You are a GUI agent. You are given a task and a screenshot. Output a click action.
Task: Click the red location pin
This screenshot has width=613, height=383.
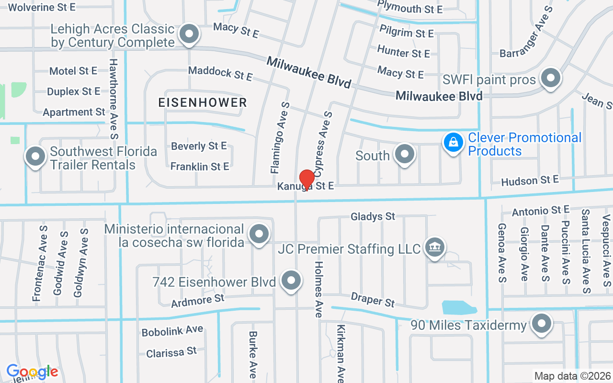coord(306,179)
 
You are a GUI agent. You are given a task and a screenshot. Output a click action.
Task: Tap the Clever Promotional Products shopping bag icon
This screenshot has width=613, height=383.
coord(453,143)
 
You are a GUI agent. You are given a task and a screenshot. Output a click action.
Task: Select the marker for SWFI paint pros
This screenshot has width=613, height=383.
coord(551,78)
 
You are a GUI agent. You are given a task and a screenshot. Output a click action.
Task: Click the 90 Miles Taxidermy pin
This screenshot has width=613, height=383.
coord(542,324)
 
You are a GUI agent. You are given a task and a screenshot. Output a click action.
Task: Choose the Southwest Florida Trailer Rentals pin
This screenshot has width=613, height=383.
coord(35,157)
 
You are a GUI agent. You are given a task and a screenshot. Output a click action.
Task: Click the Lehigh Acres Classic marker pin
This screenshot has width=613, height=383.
coord(189,34)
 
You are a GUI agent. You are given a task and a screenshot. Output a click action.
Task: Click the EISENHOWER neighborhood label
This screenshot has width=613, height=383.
coord(203,102)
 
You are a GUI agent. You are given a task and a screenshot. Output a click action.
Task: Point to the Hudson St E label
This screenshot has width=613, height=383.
coord(530,181)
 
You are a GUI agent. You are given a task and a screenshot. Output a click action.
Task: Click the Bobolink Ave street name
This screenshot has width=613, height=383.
coord(172,331)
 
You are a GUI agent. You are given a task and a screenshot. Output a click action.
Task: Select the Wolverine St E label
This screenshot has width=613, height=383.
coord(42,7)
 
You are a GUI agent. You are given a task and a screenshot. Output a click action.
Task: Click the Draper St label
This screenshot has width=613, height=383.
coord(373,300)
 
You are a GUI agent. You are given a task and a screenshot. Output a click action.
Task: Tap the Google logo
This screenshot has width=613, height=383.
coord(32,372)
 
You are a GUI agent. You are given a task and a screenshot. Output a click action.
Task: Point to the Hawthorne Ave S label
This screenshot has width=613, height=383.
coord(114,99)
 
